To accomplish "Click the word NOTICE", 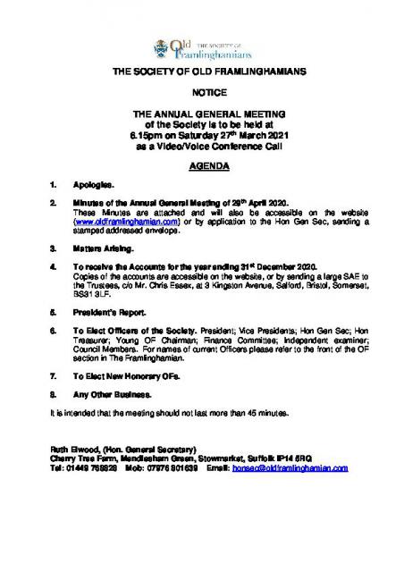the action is coord(202,92).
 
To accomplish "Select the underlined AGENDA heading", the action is coord(202,168).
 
